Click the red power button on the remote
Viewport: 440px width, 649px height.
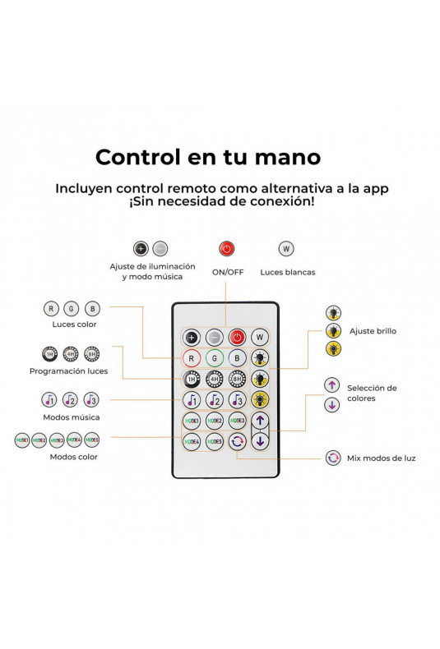(237, 337)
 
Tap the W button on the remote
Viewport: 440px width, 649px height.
(260, 337)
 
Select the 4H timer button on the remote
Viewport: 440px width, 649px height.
(214, 379)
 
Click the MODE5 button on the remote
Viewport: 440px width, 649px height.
(214, 442)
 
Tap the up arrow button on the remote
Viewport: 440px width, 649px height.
(260, 421)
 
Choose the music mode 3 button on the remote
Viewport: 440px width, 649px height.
(237, 400)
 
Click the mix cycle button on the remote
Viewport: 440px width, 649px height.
(237, 442)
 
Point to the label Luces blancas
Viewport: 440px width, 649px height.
(288, 273)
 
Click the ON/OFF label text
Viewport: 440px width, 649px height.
(228, 273)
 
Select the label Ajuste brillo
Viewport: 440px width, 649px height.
(373, 331)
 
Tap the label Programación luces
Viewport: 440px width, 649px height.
(69, 371)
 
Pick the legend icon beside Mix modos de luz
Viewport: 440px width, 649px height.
(333, 458)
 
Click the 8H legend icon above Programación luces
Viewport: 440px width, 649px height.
(91, 354)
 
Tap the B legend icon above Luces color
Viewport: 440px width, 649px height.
(92, 309)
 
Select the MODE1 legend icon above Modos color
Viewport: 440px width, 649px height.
(22, 440)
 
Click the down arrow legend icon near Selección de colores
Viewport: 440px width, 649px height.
(332, 405)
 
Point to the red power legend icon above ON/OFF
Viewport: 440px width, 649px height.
(227, 249)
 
